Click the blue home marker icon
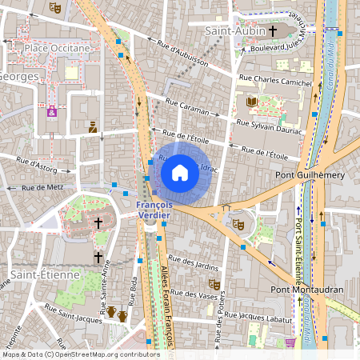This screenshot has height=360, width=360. click(x=180, y=172)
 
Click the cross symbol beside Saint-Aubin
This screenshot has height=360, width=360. click(x=273, y=30)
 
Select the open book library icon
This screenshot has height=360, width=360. click(x=252, y=102)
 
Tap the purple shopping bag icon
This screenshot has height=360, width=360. click(x=52, y=111)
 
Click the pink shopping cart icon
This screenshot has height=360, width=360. click(x=290, y=342)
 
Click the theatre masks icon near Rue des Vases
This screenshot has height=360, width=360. click(x=214, y=284)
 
